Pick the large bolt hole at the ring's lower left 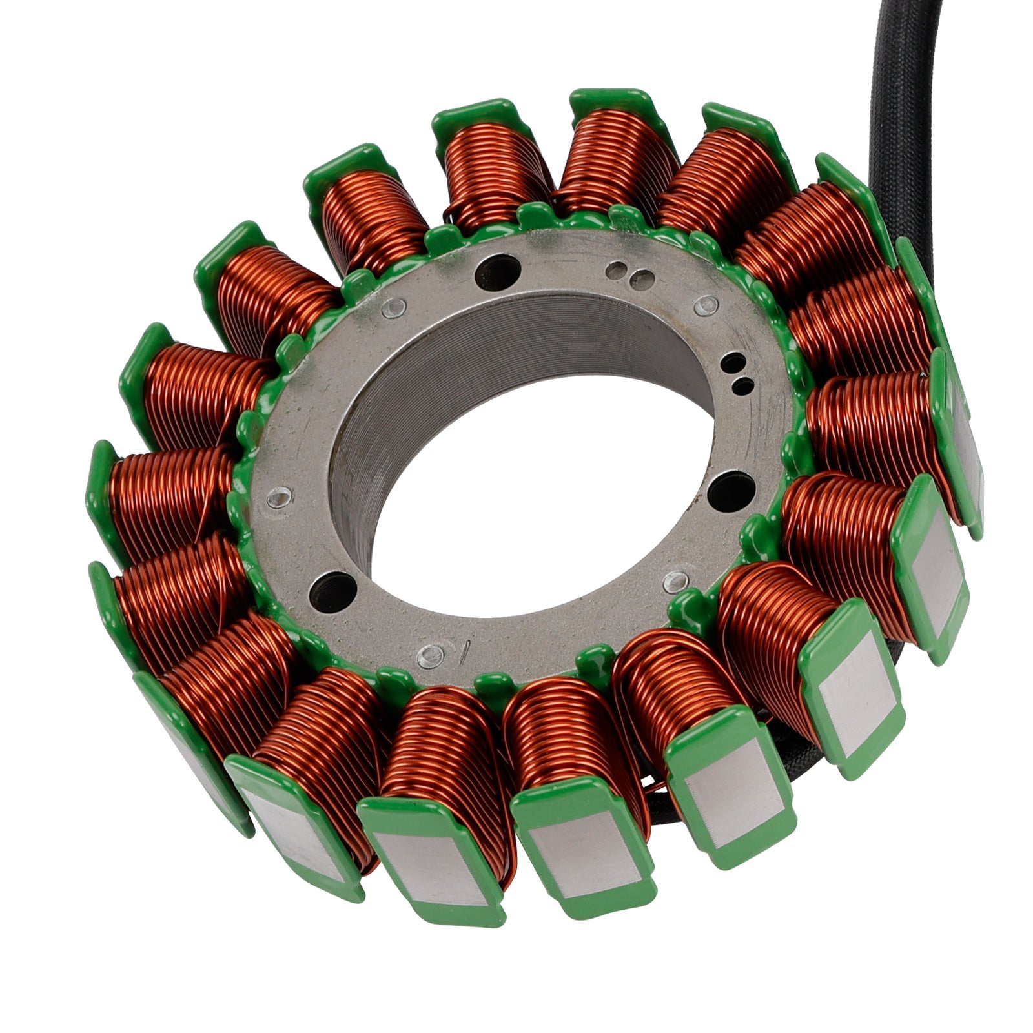tap(332, 589)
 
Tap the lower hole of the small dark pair tap(744, 386)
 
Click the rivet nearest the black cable tap(709, 304)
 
